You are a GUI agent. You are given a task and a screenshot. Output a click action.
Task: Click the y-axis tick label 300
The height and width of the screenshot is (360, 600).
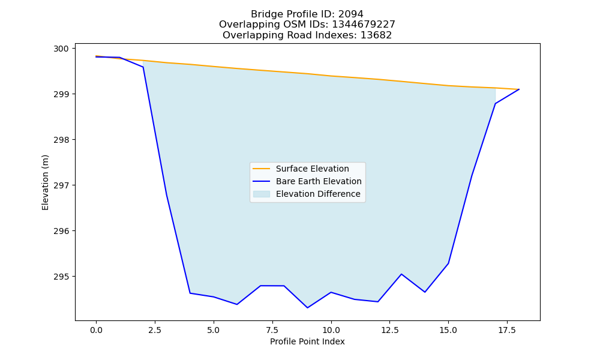click(61, 49)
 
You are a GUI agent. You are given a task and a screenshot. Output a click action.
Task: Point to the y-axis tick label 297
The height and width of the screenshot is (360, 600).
click(61, 185)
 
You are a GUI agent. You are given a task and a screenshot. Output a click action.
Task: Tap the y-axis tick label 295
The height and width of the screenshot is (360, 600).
click(61, 277)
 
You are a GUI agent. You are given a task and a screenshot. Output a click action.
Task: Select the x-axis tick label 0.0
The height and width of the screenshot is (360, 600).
click(96, 330)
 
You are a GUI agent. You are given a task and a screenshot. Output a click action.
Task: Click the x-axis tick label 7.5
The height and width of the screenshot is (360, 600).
click(272, 330)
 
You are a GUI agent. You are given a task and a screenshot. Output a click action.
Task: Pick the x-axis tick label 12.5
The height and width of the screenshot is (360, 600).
click(389, 330)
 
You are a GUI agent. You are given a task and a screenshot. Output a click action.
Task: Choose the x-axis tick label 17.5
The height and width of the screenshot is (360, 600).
click(507, 330)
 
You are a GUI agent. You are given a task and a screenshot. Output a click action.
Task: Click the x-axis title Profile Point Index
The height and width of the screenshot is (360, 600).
click(307, 341)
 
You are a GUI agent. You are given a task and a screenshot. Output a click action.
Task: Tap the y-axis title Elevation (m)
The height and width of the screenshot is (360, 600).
click(45, 182)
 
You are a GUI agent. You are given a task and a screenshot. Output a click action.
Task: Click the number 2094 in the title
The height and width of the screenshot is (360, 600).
click(350, 14)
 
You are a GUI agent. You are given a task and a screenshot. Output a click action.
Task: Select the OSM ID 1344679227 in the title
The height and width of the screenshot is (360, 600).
click(363, 25)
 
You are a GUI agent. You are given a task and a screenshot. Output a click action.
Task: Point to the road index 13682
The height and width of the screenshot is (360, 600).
click(376, 35)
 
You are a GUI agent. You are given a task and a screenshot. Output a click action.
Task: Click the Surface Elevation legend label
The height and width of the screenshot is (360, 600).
click(312, 169)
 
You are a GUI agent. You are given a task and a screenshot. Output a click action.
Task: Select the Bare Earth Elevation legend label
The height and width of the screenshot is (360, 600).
click(319, 181)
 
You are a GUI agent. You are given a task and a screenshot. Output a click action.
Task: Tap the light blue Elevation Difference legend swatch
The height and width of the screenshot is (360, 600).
click(262, 194)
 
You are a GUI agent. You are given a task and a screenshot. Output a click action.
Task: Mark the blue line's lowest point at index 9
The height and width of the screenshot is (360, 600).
click(307, 308)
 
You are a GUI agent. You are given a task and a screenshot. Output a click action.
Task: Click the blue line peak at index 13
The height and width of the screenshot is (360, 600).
click(401, 274)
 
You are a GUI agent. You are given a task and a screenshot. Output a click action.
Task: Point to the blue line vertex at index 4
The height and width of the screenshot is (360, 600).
click(190, 293)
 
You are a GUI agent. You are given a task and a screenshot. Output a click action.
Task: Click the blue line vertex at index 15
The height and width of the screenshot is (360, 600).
click(448, 263)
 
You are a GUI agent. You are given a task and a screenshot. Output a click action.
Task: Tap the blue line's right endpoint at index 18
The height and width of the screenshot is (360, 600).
click(519, 89)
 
